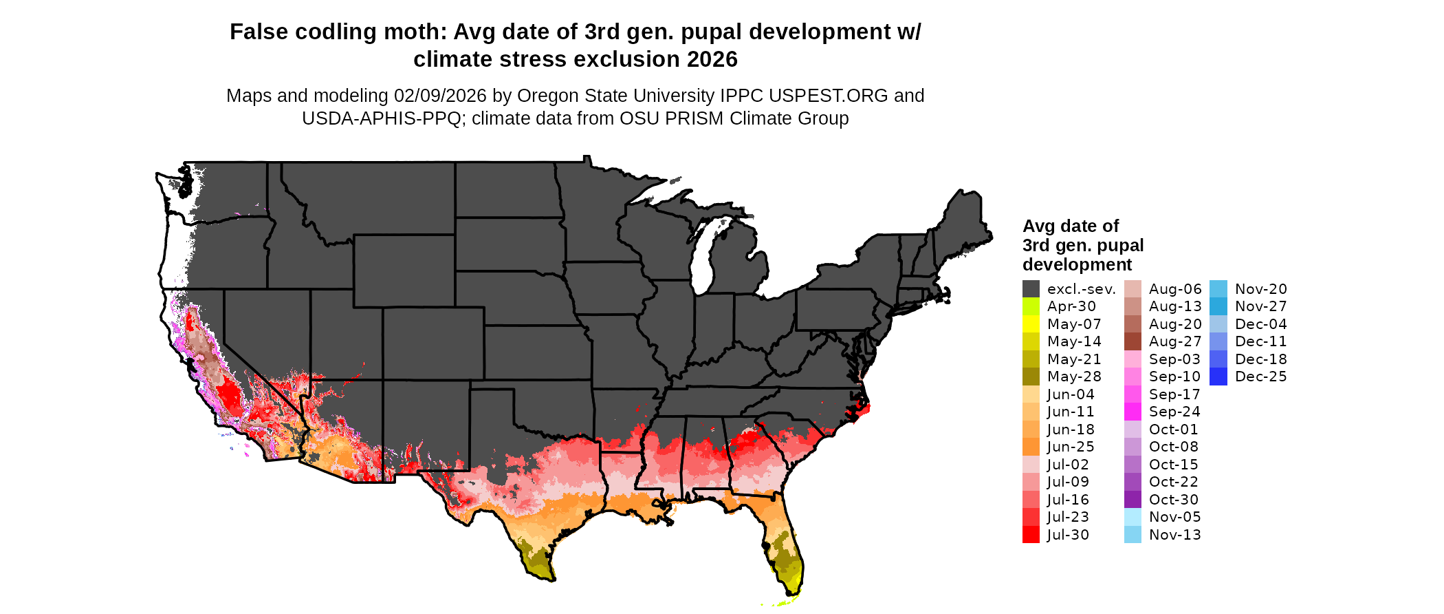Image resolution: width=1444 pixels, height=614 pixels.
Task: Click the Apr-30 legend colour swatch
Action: pos(1031,306)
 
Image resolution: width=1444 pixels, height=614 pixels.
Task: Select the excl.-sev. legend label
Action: pos(1081,289)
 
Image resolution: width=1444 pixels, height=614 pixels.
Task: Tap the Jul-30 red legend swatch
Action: pos(1031,535)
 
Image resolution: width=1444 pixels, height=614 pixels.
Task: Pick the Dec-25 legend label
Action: pos(1260,377)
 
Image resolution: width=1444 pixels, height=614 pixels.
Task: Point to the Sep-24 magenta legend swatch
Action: pos(1133,412)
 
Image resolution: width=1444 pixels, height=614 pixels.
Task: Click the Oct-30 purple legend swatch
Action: pos(1133,500)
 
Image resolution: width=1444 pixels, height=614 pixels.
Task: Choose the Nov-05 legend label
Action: pos(1174,517)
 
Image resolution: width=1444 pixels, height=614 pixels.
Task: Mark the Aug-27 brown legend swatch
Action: pos(1133,341)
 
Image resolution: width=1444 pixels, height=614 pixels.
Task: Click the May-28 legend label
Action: pos(1074,377)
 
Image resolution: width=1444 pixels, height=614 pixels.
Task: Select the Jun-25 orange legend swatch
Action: pos(1031,447)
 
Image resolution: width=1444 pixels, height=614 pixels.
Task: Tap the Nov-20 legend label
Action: pos(1260,289)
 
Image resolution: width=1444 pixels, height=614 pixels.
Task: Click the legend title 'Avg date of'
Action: pos(1070,226)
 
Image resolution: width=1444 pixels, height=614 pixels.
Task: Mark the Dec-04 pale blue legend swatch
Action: pos(1218,324)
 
